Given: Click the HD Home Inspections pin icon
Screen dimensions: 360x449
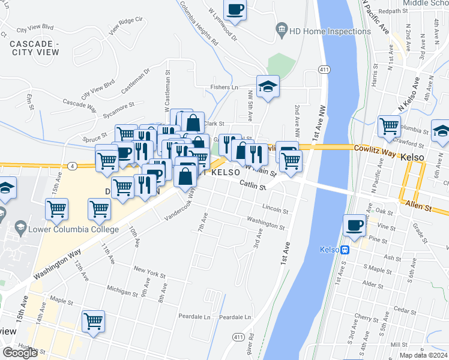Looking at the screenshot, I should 281,30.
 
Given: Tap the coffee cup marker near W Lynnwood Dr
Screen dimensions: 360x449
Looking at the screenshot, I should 235,10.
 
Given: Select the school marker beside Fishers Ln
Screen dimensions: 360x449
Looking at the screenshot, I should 268,86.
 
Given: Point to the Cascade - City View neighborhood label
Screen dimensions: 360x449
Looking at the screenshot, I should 34,49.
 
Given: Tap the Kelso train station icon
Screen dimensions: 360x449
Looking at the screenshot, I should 345,250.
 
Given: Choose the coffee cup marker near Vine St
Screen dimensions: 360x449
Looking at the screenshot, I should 354,226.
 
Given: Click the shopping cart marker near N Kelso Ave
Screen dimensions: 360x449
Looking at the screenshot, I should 389,126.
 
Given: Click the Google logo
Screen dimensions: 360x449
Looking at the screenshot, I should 20,353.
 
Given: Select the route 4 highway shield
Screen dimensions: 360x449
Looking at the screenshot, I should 72,165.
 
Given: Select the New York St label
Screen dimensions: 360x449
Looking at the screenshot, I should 149,273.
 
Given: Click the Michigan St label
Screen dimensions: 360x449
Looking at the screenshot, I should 122,291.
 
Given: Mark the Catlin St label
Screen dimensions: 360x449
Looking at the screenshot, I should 252,186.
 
